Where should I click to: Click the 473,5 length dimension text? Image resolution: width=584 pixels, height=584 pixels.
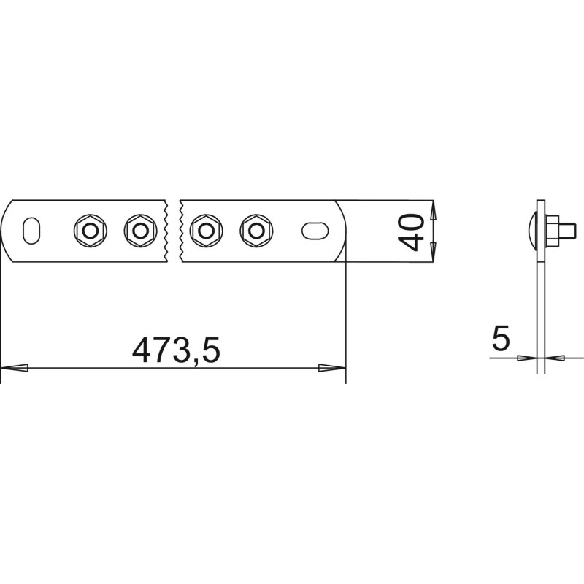pos(176,350)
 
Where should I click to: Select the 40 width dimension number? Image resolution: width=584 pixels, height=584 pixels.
pos(411,232)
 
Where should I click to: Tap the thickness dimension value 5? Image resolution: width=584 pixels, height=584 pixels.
pos(501,337)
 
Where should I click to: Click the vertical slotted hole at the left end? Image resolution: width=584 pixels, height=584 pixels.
pos(31,231)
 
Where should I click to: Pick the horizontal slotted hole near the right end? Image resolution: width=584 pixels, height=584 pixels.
pos(315,231)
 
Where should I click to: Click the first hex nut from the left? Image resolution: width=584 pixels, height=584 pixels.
pos(90,231)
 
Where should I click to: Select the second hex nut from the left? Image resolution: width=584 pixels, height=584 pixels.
pos(140,231)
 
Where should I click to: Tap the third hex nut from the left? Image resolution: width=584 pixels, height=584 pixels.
pos(206,231)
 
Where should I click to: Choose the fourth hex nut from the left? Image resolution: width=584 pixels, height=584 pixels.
pos(256,231)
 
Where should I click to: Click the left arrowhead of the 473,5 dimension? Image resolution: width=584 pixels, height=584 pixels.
pos(15,368)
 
